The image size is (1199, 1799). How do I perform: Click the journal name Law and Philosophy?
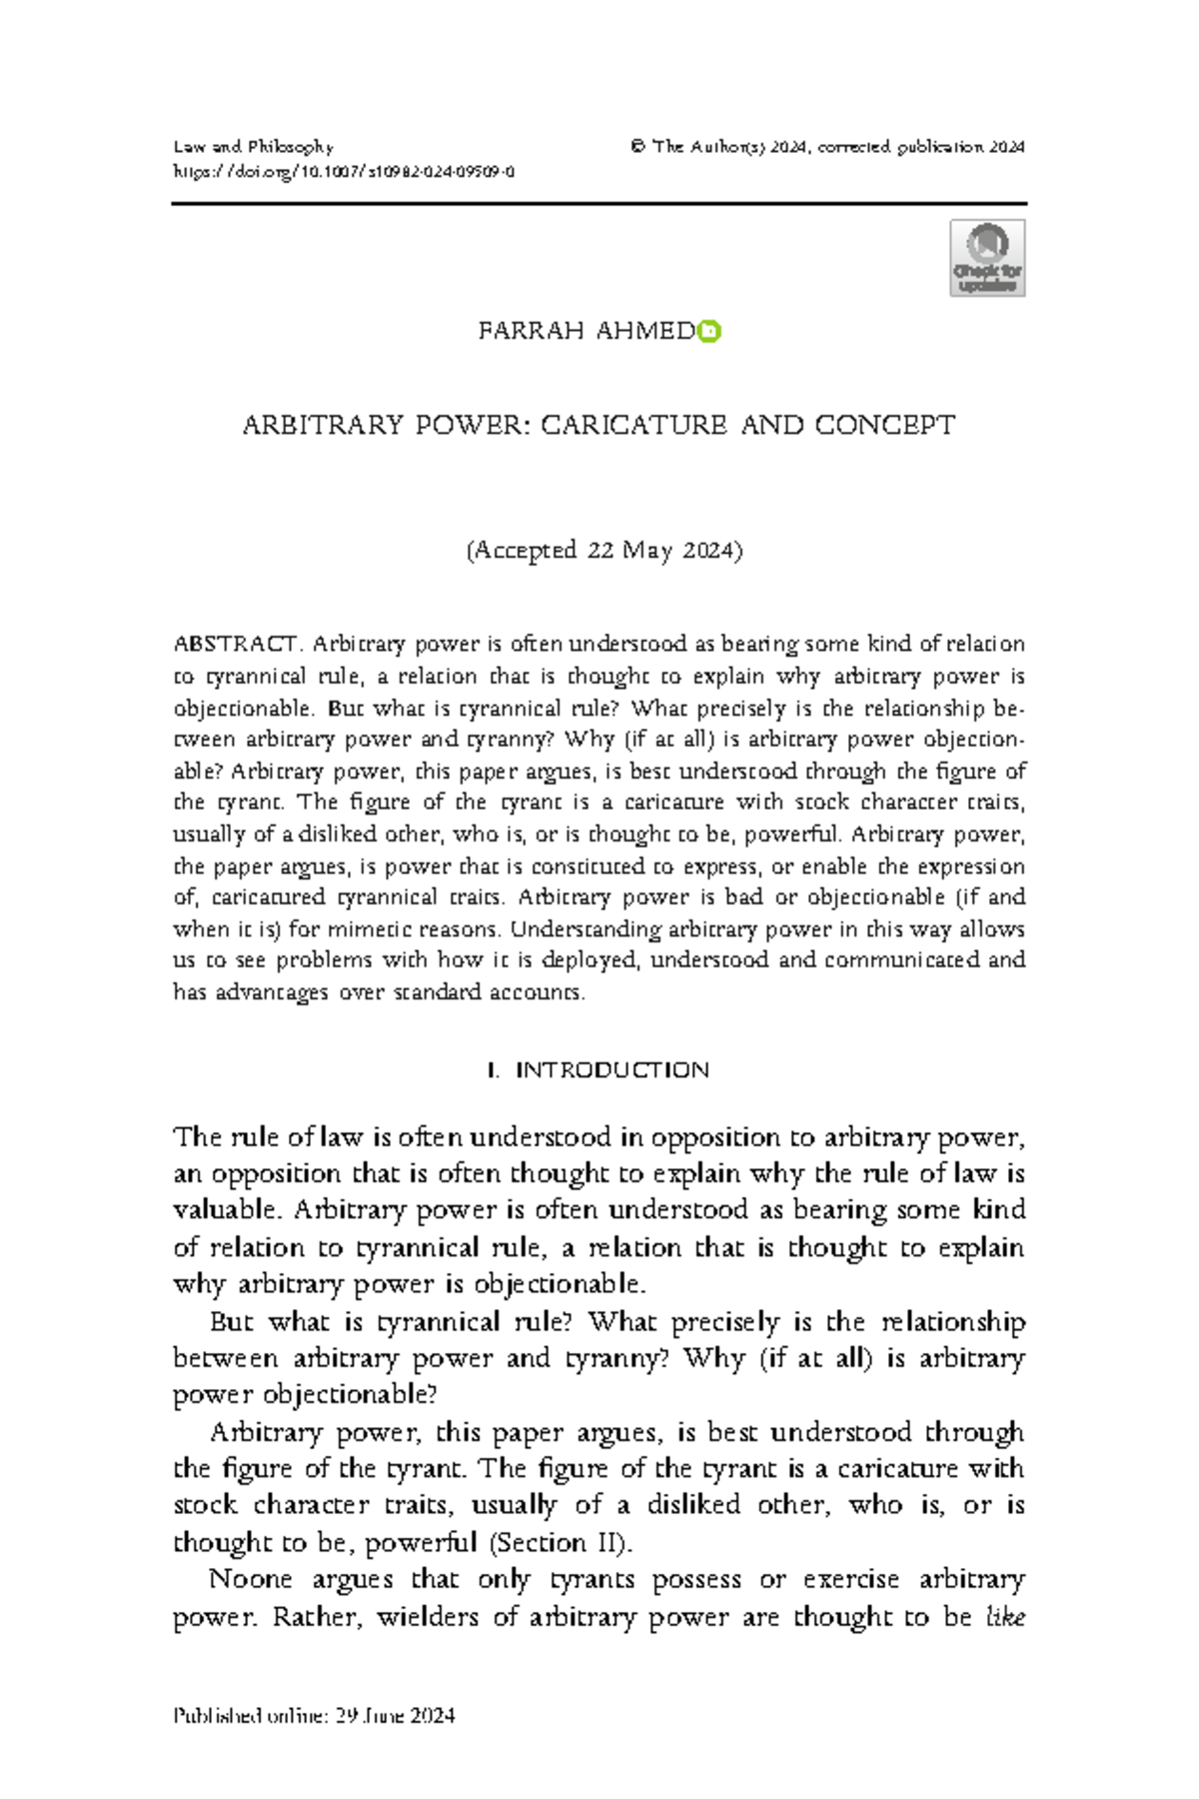point(253,147)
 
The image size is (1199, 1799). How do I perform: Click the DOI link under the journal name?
point(344,172)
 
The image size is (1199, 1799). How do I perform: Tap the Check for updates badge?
point(987,259)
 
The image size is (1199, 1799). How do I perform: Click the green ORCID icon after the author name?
point(709,331)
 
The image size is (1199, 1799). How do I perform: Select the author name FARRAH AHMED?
point(587,331)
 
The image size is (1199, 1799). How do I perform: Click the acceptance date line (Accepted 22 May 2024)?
point(604,551)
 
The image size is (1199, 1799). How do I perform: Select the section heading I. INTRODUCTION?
point(598,1070)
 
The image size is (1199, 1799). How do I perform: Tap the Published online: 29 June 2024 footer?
point(315,1716)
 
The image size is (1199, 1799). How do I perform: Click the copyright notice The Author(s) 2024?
point(729,147)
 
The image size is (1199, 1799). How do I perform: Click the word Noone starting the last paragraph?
point(250,1579)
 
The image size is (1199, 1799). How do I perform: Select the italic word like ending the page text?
point(1005,1616)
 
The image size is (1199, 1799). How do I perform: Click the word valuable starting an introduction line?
point(227,1210)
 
